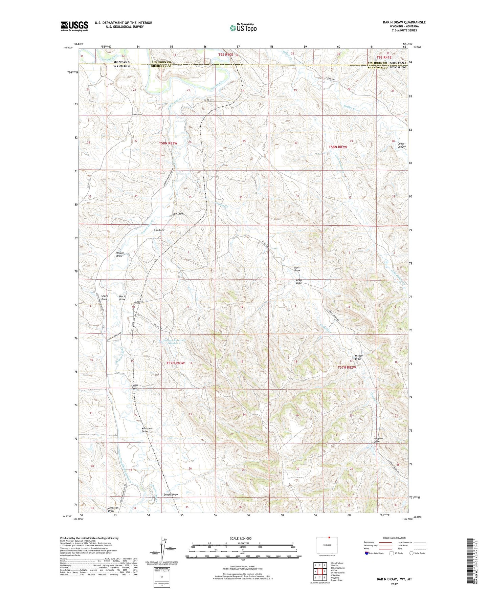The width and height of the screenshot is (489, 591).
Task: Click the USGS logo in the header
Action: click(74, 26)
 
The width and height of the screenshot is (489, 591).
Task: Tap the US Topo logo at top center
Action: click(243, 28)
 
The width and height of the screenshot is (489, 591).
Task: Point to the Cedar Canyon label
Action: click(401, 145)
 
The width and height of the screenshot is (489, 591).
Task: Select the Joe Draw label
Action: click(178, 214)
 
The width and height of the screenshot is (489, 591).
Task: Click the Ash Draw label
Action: click(159, 230)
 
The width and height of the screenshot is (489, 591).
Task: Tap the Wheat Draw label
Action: click(120, 255)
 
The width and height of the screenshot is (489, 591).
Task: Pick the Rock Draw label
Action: click(297, 269)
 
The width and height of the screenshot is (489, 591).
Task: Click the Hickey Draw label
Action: click(358, 357)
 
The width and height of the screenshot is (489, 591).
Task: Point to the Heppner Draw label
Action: click(378, 440)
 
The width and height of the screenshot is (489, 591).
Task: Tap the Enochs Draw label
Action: click(170, 495)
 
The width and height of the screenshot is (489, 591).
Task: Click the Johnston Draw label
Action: click(113, 509)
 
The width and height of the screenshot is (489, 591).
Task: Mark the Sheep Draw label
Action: click(105, 298)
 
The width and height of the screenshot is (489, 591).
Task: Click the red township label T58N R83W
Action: click(168, 144)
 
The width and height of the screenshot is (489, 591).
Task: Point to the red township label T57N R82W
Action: click(347, 367)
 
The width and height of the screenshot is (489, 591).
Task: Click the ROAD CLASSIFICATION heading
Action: click(394, 538)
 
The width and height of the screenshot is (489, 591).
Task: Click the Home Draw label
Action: click(135, 387)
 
